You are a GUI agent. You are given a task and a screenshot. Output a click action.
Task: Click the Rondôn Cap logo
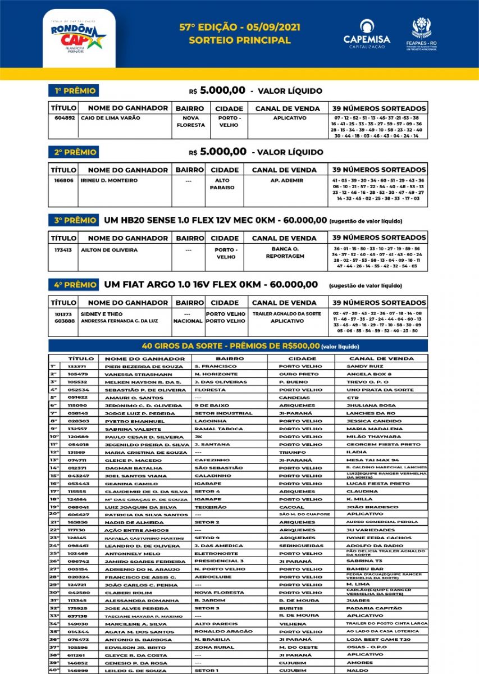coord(78,35)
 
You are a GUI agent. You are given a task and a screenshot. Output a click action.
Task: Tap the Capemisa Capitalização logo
coord(367,34)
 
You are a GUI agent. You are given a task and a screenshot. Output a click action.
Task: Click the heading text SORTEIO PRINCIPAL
coord(240,40)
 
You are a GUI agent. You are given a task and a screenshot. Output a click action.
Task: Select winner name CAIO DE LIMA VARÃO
coord(111,119)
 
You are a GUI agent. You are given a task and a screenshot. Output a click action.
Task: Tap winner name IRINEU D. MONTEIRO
coord(109,181)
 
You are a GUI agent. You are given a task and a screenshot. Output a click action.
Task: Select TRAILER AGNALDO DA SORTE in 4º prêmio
coord(287,313)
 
